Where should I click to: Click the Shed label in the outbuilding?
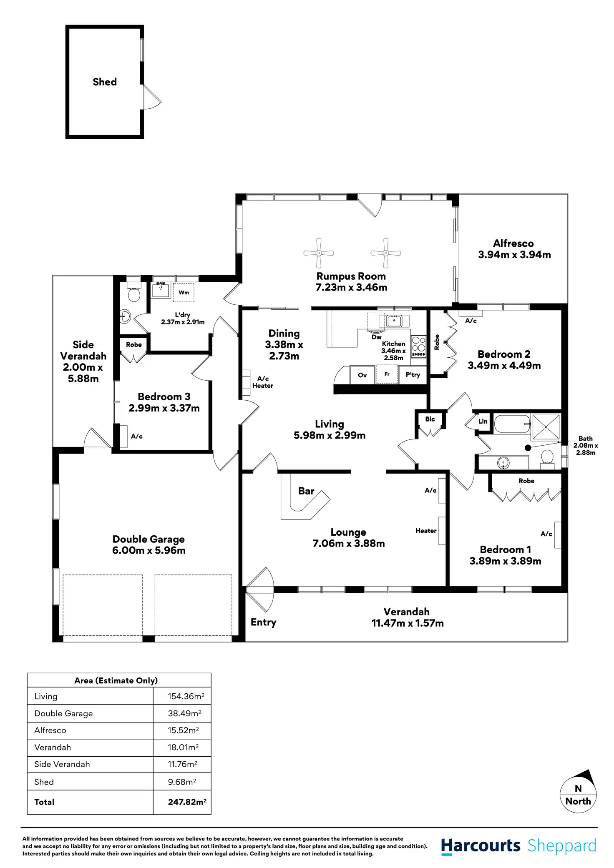click(105, 82)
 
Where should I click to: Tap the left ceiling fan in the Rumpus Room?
click(319, 253)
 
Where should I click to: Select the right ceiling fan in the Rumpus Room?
click(386, 253)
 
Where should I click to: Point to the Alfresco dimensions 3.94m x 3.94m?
click(514, 255)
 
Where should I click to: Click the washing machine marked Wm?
click(184, 293)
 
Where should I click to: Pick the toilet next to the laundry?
click(134, 293)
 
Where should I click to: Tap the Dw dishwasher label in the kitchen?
click(376, 337)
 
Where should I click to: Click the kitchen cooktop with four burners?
click(418, 346)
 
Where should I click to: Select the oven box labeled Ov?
click(362, 375)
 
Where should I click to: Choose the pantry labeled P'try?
click(413, 375)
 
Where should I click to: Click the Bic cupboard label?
click(430, 419)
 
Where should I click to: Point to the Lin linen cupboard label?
click(483, 421)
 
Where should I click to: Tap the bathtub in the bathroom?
click(512, 424)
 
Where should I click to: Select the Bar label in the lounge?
click(306, 491)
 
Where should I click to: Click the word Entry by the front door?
click(264, 622)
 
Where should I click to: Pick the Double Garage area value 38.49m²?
click(184, 713)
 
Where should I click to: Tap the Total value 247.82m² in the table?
click(187, 802)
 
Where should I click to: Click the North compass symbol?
click(578, 795)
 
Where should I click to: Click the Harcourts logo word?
click(481, 846)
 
